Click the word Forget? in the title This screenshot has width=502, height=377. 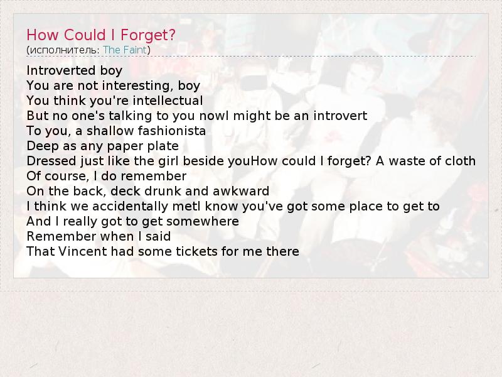pos(148,35)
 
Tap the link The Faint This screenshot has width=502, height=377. pos(124,50)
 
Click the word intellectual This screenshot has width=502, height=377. pos(168,101)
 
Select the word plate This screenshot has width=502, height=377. pos(163,146)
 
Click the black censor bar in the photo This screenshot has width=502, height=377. pos(254,83)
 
